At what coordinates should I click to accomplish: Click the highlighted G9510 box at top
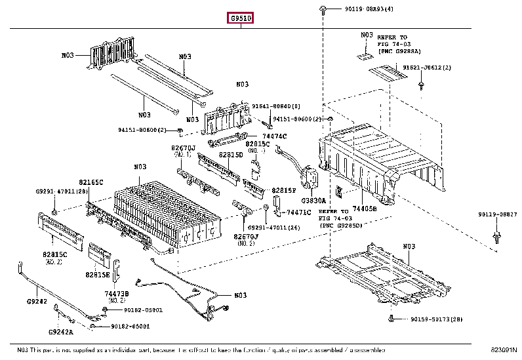241,18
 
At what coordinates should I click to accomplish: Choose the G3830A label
313,201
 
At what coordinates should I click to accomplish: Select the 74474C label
274,135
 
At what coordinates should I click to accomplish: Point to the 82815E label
97,275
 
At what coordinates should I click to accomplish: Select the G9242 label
37,302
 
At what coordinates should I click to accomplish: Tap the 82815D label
231,155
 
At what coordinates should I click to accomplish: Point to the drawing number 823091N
504,351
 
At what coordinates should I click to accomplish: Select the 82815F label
284,190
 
